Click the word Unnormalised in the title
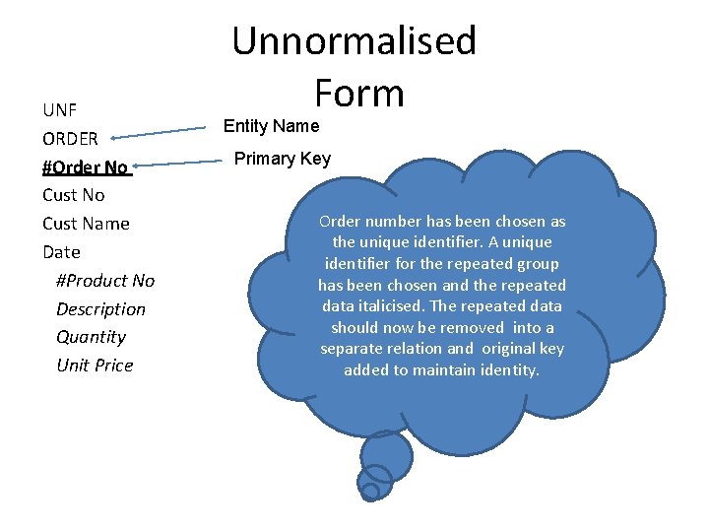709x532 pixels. (354, 41)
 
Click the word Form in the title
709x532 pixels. (359, 94)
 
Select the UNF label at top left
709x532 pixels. (60, 109)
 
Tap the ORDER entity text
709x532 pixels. (70, 138)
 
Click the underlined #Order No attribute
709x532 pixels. (86, 166)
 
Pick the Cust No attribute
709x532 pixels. (74, 195)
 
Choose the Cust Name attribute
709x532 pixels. (87, 224)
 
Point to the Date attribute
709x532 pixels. (61, 252)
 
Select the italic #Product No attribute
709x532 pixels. (105, 281)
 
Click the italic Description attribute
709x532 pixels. (100, 309)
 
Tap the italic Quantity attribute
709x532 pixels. (92, 337)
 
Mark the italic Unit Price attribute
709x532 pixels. (95, 366)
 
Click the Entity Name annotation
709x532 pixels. (271, 126)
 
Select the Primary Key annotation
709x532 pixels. (282, 159)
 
